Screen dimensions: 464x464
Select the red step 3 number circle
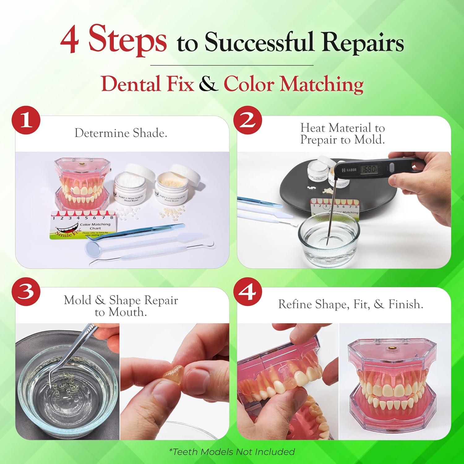(26, 292)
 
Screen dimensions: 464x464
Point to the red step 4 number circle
(248, 292)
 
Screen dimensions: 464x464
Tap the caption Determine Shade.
(121, 133)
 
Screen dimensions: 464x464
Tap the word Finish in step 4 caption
(406, 304)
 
